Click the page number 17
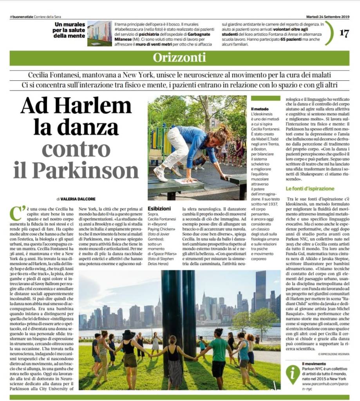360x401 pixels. pos(344,33)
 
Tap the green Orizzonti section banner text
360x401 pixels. pos(179,57)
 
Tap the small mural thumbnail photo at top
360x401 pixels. pos(99,33)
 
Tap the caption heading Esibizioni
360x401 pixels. pos(159,209)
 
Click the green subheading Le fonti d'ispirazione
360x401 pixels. pos(310,189)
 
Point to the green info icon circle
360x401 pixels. pos(292,373)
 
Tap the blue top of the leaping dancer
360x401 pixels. pos(201,141)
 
